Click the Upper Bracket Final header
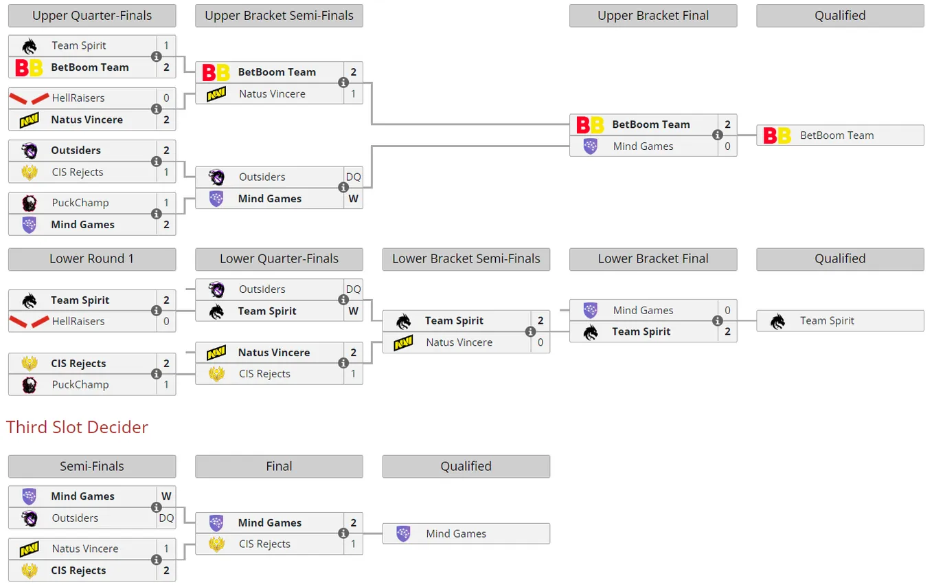[653, 16]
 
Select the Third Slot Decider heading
[77, 428]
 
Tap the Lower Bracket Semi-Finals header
[466, 258]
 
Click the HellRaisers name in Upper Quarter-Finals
[78, 98]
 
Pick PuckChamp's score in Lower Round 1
[166, 384]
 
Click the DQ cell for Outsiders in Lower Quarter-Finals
[353, 289]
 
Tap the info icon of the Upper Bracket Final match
[717, 135]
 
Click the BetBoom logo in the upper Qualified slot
[777, 135]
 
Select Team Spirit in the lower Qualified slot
[827, 321]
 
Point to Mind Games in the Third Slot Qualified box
[456, 533]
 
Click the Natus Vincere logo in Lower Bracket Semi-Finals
[403, 342]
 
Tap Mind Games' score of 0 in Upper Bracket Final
[727, 146]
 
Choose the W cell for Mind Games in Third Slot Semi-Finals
[166, 496]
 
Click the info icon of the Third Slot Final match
[343, 533]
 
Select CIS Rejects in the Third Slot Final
[264, 544]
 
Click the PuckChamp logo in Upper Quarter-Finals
[29, 203]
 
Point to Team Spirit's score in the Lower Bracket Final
[727, 332]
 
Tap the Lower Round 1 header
[92, 258]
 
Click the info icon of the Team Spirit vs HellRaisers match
[157, 311]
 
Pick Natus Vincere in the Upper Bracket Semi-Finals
[272, 94]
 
